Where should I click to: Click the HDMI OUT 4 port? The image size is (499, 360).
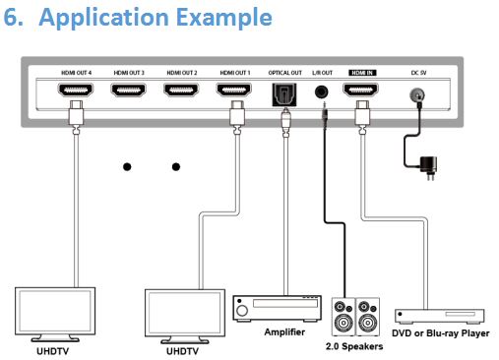tap(76, 90)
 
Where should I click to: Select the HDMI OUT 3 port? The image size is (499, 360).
tap(128, 90)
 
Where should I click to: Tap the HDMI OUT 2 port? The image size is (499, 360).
tap(181, 90)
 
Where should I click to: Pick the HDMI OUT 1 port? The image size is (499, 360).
tap(234, 90)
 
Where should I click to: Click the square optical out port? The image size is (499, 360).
tap(284, 94)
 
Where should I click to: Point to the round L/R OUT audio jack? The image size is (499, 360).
tap(321, 91)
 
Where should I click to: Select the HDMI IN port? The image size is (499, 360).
tap(360, 90)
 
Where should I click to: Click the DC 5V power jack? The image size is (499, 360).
tap(417, 95)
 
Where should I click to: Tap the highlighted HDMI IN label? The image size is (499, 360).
tap(362, 73)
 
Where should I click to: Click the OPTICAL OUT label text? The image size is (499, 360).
tap(284, 73)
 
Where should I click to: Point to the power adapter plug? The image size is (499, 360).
tap(429, 167)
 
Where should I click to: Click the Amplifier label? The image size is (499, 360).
tap(284, 332)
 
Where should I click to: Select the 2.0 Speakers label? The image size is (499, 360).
tap(354, 346)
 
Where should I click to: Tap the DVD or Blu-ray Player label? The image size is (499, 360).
tap(441, 333)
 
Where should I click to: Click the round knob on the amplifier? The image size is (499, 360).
tap(242, 310)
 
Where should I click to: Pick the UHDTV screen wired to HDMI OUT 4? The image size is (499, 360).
tap(55, 311)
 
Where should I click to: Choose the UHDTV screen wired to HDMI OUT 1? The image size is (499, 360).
tap(185, 313)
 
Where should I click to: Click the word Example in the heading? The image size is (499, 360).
tap(224, 17)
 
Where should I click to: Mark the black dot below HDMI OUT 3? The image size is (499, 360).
tap(127, 167)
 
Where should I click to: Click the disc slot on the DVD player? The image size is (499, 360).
tap(460, 314)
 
